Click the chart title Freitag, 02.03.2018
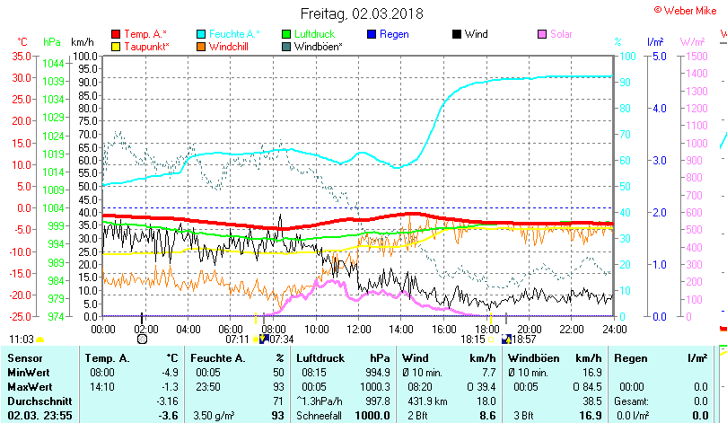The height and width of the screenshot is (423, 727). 362,13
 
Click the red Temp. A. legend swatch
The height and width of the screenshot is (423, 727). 116,34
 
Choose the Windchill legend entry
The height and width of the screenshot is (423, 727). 230,46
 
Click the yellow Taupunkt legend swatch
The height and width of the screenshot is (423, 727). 116,46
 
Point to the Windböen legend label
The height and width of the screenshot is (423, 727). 318,46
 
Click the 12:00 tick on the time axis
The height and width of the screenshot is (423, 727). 359,329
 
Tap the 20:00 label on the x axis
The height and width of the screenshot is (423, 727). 529,329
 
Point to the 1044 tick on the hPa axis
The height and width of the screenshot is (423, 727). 53,64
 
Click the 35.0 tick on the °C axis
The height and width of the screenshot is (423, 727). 21,56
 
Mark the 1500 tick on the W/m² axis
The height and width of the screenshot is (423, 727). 694,56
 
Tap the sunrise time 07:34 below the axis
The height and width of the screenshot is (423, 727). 281,339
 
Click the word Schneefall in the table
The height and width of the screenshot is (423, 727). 317,415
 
